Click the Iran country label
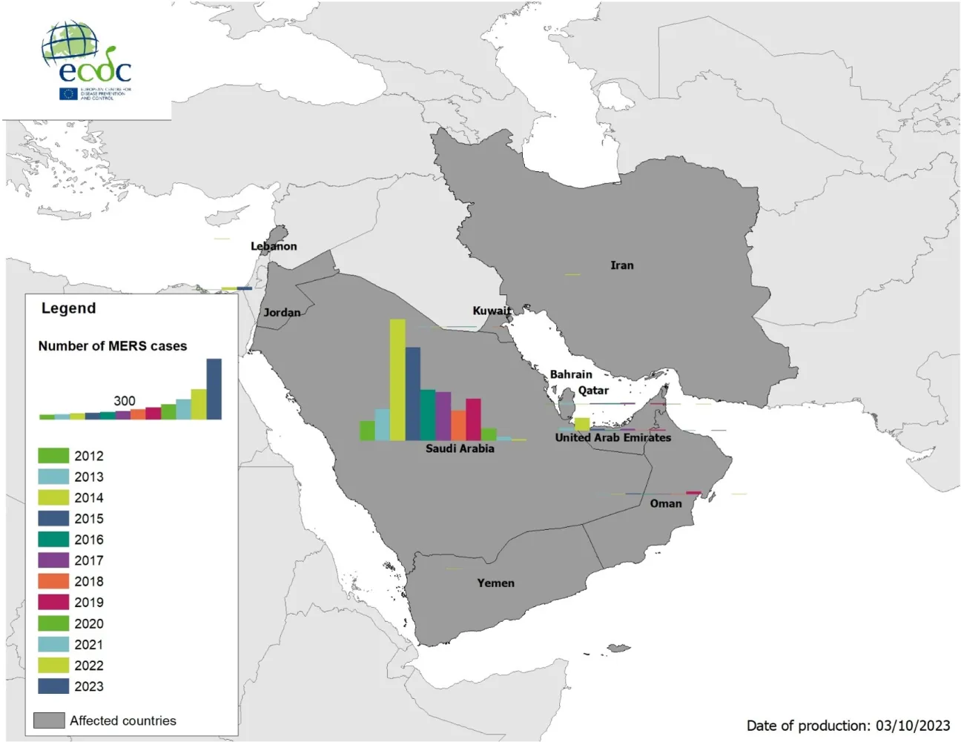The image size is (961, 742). pyautogui.click(x=621, y=265)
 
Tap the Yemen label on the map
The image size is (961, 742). pyautogui.click(x=495, y=583)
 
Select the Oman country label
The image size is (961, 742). pyautogui.click(x=665, y=504)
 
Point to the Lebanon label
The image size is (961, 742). pyautogui.click(x=274, y=246)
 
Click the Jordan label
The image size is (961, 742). pyautogui.click(x=283, y=313)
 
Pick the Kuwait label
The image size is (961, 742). pyautogui.click(x=492, y=311)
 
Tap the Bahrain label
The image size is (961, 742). pyautogui.click(x=571, y=374)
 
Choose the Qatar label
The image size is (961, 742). pyautogui.click(x=593, y=391)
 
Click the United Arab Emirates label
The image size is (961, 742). pyautogui.click(x=612, y=438)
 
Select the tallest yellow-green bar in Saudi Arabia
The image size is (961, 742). pyautogui.click(x=397, y=380)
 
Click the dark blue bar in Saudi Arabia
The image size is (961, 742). pyautogui.click(x=413, y=394)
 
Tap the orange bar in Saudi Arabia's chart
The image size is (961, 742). pyautogui.click(x=458, y=425)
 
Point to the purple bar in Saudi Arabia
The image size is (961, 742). pyautogui.click(x=443, y=416)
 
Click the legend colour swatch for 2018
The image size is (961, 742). pyautogui.click(x=53, y=582)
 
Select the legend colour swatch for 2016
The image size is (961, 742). pyautogui.click(x=53, y=540)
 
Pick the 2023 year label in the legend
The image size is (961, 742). pyautogui.click(x=89, y=686)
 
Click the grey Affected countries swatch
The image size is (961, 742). pyautogui.click(x=49, y=721)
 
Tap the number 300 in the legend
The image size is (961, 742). pyautogui.click(x=125, y=401)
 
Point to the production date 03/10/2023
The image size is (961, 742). pyautogui.click(x=913, y=726)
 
